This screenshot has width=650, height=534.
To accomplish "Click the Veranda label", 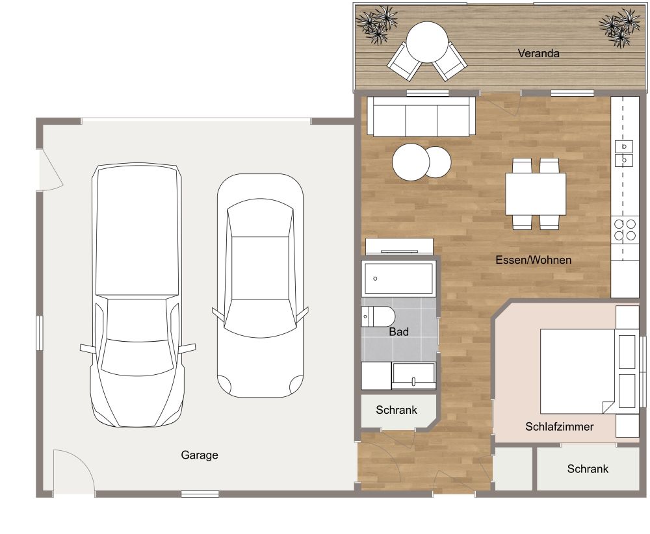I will coord(538,53).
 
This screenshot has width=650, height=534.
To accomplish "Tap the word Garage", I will coord(199,455).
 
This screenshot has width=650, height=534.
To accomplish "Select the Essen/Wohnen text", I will coord(533,260).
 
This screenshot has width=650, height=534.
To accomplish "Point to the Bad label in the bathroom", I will coord(398,332).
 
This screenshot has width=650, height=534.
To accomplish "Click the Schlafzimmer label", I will coord(559,427).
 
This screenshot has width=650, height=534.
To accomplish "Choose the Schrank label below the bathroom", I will coord(396,411).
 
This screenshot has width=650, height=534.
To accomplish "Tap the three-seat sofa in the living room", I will coord(421,117).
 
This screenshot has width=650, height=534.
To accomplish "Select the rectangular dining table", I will coord(536,194).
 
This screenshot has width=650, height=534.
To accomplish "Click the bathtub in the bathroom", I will coord(398,279).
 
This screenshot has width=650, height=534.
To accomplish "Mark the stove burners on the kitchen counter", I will coord(625,230).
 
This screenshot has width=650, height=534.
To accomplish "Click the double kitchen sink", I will coord(624,153).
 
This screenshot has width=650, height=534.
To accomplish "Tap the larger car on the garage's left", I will coord(136,296).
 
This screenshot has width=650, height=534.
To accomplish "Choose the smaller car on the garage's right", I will coord(260,286).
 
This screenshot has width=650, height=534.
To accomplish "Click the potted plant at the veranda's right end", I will coord(619,27).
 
